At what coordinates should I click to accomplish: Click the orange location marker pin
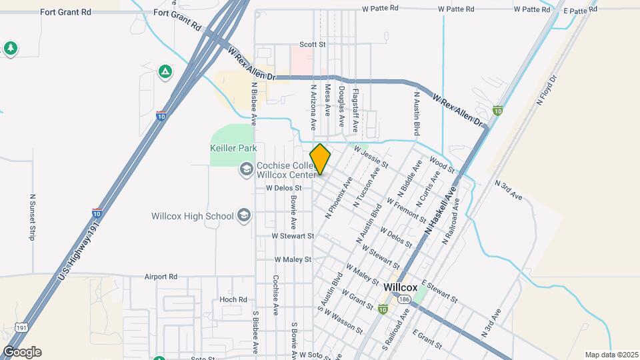click(x=320, y=159)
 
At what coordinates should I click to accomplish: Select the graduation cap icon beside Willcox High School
click(x=244, y=215)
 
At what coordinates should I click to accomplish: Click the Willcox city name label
click(x=401, y=287)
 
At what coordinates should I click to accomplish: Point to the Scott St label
click(x=312, y=45)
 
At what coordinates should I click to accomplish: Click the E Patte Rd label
click(x=579, y=11)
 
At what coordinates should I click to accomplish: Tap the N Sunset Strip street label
click(x=32, y=217)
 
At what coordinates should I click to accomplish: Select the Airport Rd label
click(x=162, y=276)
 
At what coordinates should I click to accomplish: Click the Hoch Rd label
click(x=233, y=300)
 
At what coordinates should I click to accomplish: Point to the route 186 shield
click(x=405, y=300)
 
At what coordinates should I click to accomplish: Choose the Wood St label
click(x=442, y=165)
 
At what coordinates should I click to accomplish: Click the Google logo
click(x=21, y=352)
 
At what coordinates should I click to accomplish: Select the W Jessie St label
click(x=371, y=157)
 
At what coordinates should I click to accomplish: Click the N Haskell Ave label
click(x=441, y=209)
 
